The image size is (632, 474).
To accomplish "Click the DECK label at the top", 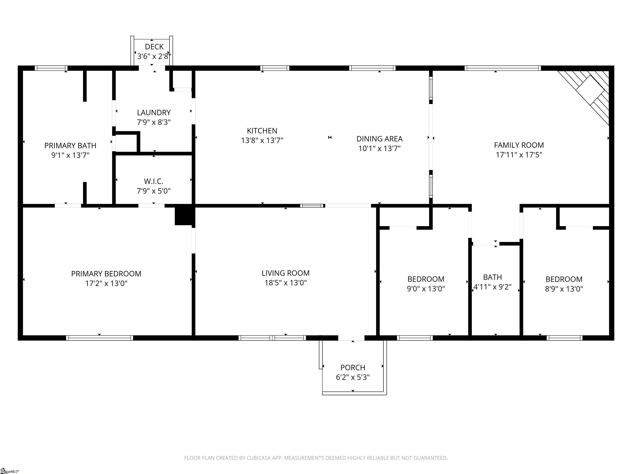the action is coord(154,46).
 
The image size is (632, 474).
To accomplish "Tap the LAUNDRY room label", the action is coord(154,113).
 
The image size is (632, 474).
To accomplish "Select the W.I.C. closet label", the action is coord(154,181).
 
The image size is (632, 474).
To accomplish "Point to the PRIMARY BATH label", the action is coord(70,146).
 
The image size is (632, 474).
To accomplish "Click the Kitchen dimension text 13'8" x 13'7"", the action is coord(262,140).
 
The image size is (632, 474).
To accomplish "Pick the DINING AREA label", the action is coord(379,139).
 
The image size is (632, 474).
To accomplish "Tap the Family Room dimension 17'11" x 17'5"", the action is coord(519,155).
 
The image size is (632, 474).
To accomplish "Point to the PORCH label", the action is coord(353,367).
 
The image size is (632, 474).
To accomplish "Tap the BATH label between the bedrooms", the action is coord(493,277).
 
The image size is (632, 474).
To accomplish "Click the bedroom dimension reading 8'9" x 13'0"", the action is coord(564,289).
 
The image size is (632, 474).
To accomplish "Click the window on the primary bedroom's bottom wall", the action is coord(99,338).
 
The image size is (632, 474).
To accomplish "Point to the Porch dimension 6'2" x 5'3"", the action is coord(353,377).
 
